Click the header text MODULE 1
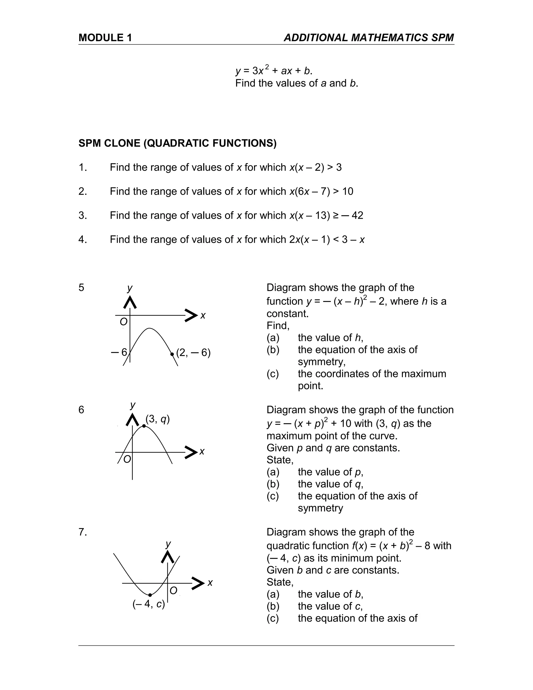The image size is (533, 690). (105, 38)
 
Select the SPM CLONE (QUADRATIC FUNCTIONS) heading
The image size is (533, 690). (177, 143)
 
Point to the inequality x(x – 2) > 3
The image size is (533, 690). (315, 167)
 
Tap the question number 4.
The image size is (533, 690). (83, 240)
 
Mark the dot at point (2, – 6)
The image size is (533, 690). (172, 354)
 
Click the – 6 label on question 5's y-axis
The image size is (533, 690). (119, 352)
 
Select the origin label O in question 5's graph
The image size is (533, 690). (123, 322)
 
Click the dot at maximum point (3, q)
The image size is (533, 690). (144, 426)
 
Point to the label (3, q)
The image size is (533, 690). (157, 419)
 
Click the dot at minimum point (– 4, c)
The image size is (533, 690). (150, 595)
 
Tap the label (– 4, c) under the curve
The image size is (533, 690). (149, 604)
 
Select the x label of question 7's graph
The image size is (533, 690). (210, 582)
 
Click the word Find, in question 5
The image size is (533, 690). (278, 325)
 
